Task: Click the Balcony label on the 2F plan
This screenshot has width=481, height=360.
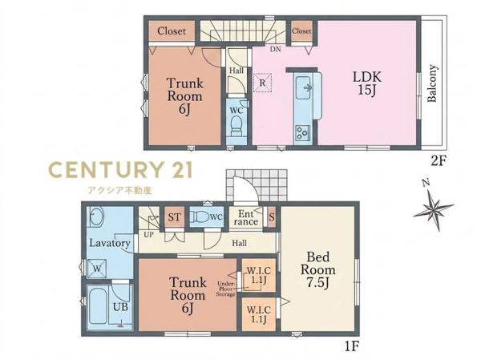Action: coord(432,83)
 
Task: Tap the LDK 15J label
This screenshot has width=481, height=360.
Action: coord(367,83)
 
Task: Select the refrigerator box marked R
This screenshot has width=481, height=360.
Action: coord(262,83)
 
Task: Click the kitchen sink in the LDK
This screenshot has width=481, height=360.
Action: coord(303,87)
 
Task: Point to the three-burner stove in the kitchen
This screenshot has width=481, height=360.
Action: coord(302,133)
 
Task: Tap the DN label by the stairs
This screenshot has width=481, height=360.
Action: coord(276,49)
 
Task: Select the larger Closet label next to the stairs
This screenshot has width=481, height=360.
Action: coord(172,31)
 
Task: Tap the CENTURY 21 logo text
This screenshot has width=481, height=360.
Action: coord(120,170)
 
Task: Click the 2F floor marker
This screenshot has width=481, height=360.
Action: coord(438,160)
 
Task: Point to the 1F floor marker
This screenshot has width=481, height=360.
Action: coord(352,346)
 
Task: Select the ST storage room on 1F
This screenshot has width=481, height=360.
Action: coord(174,217)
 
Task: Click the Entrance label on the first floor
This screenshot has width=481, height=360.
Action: coord(246,217)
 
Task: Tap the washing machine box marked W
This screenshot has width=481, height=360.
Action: coord(97,269)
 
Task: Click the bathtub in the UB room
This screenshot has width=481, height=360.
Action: coord(98,307)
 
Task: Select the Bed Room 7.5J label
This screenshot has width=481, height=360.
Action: coord(318,269)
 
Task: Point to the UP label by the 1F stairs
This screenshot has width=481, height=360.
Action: coord(149,234)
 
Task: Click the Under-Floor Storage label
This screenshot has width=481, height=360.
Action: coord(226,289)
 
